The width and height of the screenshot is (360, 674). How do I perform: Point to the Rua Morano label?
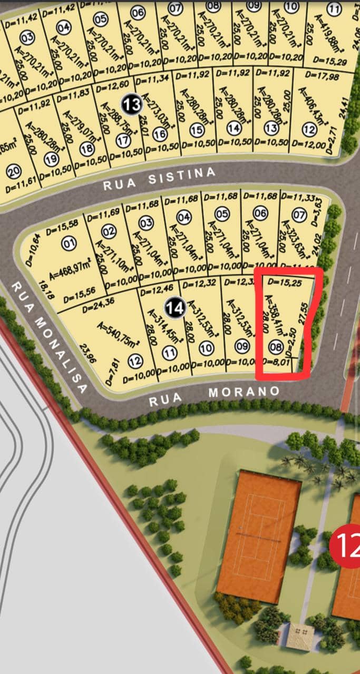pyautogui.click(x=214, y=396)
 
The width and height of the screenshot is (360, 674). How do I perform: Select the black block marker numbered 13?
pyautogui.click(x=131, y=104)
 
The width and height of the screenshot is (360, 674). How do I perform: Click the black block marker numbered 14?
pyautogui.click(x=175, y=307)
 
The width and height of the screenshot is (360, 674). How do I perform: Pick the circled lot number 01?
pyautogui.click(x=69, y=244)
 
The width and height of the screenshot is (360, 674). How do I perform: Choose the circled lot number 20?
pyautogui.click(x=14, y=171)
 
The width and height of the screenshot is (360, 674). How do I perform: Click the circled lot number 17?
pyautogui.click(x=123, y=141)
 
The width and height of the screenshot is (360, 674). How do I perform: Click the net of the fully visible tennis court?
pyautogui.click(x=258, y=535)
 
